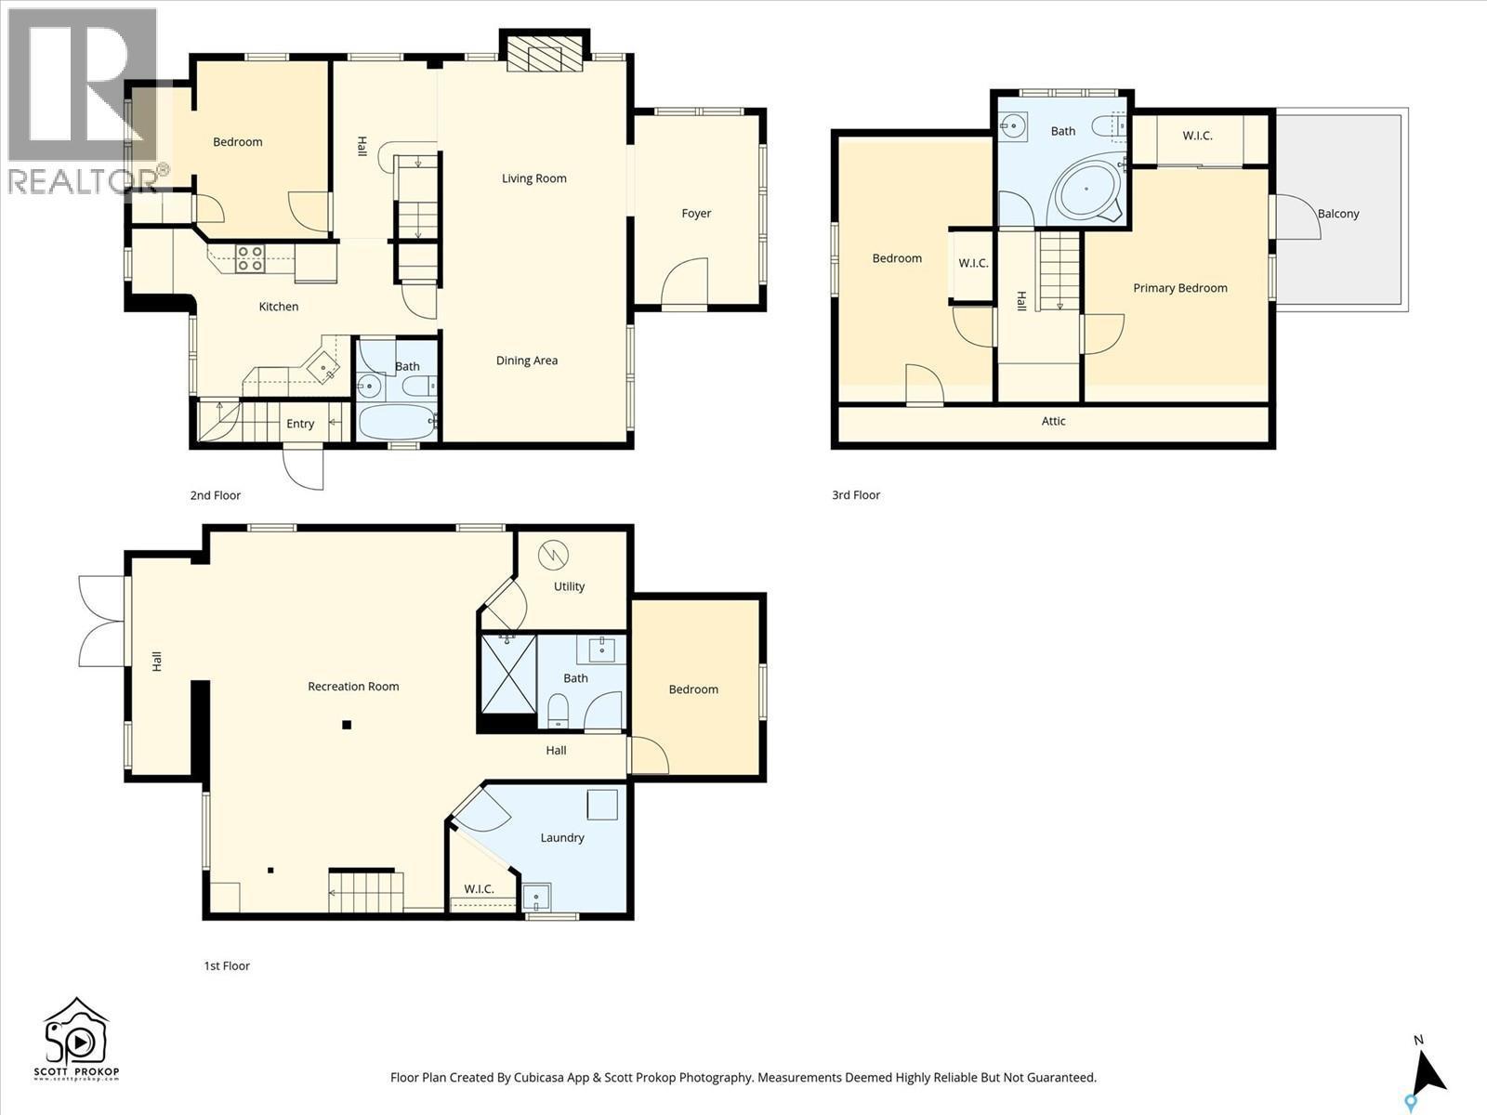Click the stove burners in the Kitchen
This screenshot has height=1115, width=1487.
click(250, 257)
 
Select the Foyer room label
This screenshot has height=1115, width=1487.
click(696, 214)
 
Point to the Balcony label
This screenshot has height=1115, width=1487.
click(1338, 214)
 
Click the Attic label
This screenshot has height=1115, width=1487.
click(1053, 421)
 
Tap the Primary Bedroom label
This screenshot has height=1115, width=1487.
click(1180, 288)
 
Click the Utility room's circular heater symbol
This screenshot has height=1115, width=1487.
click(552, 556)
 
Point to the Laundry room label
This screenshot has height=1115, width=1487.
click(562, 838)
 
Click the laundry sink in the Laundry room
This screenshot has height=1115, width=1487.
click(536, 898)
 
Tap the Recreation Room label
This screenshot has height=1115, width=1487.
click(353, 687)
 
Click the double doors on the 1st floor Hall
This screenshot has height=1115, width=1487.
click(100, 621)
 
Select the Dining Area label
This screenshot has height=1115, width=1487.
click(527, 361)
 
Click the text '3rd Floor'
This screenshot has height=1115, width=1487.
click(856, 495)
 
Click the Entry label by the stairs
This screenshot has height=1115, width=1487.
click(300, 424)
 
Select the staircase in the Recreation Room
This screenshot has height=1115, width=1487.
click(366, 892)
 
